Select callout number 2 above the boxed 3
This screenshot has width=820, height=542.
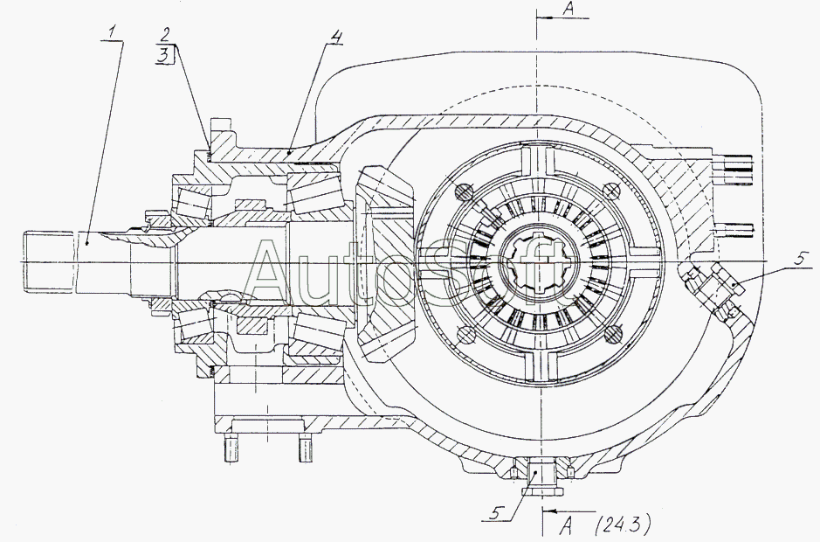[x=165, y=35]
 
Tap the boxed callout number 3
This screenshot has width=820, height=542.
[x=164, y=55]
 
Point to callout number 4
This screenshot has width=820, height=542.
[x=337, y=37]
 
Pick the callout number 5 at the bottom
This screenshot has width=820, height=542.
[x=496, y=513]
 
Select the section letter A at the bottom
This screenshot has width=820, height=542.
[x=567, y=525]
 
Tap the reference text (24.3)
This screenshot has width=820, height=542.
[x=623, y=525]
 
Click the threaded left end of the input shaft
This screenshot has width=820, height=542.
[x=47, y=262]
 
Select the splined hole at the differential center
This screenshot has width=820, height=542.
[x=539, y=260]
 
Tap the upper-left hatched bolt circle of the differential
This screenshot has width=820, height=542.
[x=464, y=192]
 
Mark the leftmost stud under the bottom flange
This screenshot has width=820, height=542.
[x=231, y=448]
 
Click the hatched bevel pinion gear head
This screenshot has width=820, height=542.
[x=386, y=263]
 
